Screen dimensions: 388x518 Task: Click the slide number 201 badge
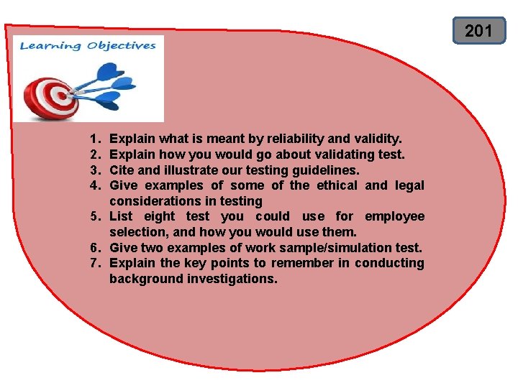478,30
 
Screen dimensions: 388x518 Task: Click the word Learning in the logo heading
50,46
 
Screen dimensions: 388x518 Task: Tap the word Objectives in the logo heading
121,46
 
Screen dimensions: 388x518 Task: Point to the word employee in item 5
394,216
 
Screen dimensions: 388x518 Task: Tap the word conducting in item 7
389,263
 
